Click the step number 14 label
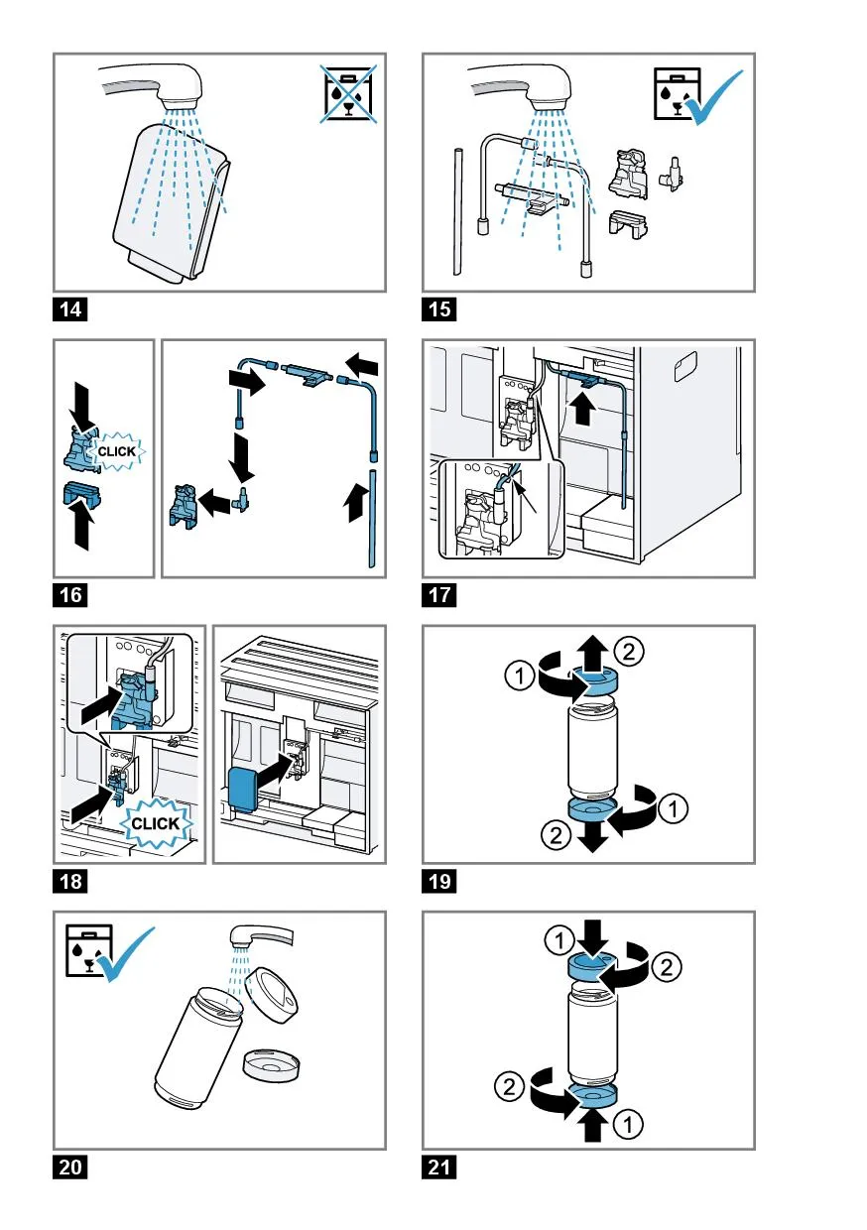click(x=70, y=309)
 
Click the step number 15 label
click(x=440, y=309)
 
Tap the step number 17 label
click(x=440, y=595)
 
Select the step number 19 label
click(x=440, y=881)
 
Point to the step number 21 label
click(x=440, y=1168)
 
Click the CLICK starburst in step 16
click(x=118, y=451)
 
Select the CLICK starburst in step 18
click(x=155, y=822)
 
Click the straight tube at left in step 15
click(x=458, y=210)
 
